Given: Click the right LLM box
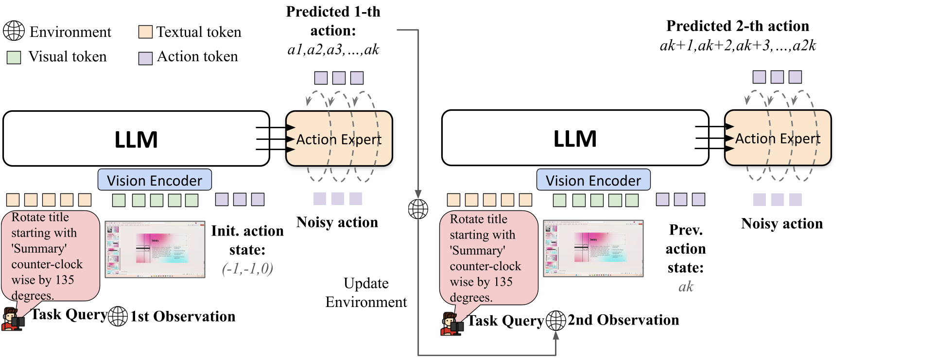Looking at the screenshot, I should (575, 138).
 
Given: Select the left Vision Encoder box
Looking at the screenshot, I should (155, 180).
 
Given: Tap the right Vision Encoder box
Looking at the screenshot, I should (593, 180).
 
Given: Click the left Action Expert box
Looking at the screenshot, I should (339, 139).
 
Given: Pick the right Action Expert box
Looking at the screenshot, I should (778, 138).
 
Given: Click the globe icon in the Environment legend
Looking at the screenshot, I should (14, 31).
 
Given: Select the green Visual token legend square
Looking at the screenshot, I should (14, 57).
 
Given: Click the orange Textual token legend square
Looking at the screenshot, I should (145, 32).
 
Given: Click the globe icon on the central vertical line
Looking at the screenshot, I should (418, 209).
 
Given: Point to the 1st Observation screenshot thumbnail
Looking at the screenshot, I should (155, 249).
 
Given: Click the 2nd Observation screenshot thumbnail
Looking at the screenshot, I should (593, 248).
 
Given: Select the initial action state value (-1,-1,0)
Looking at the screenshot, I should (247, 269).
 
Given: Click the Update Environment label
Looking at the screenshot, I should (366, 292).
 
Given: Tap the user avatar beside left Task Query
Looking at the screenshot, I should (12, 319).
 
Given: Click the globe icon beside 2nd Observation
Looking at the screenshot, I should (556, 320).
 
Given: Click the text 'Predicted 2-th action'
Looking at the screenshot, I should (737, 26).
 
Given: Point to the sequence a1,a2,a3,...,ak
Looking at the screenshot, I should (333, 50).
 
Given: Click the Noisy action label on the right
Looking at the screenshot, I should (782, 223).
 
